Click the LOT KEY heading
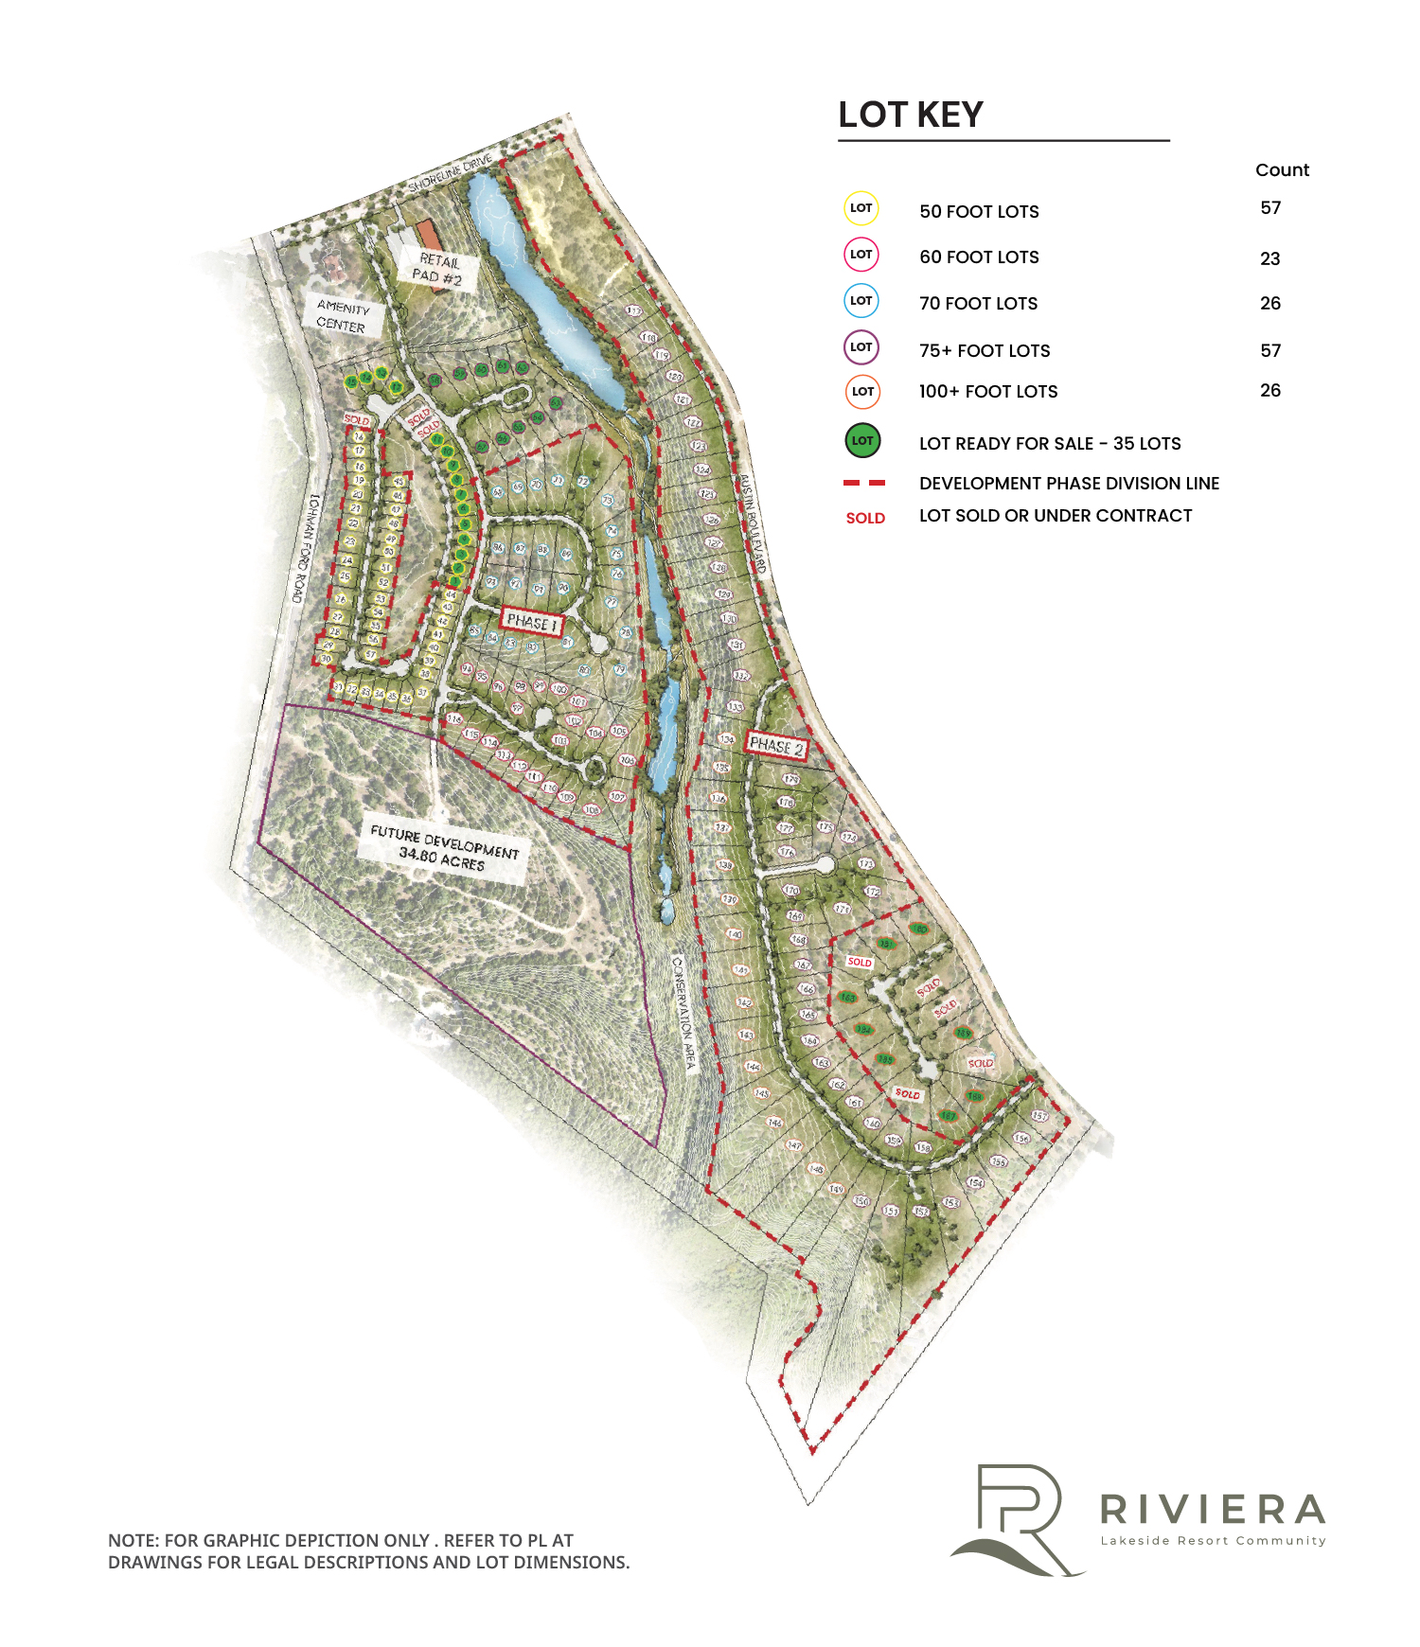[x=911, y=115]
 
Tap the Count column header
[x=1282, y=170]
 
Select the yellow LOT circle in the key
[x=861, y=208]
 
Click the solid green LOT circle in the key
[x=862, y=440]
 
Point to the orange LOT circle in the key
[x=862, y=392]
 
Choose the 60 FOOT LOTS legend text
[x=979, y=257]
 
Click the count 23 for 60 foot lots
[x=1270, y=258]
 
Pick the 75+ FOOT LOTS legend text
[x=985, y=351]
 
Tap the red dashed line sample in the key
[x=864, y=484]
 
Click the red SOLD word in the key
[x=865, y=518]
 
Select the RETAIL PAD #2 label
[x=437, y=269]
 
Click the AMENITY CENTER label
[x=342, y=317]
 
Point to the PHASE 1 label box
[x=532, y=622]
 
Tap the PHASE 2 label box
[x=776, y=746]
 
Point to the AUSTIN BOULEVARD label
[x=752, y=522]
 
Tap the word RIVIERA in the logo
[x=1213, y=1509]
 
